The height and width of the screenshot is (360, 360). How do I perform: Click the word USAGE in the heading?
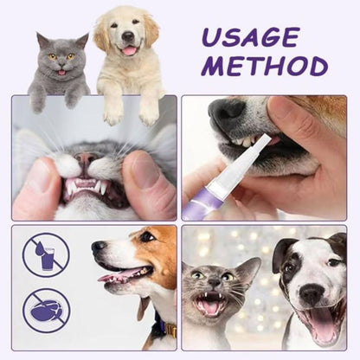tap(251, 37)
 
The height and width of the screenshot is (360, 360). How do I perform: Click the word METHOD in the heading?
tap(266, 66)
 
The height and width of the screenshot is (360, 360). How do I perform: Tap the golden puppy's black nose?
tap(128, 36)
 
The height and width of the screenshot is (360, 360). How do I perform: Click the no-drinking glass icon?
tap(46, 255)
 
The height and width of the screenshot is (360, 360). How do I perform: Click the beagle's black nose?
tap(99, 246)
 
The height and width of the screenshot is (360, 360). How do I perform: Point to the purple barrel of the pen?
tap(196, 202)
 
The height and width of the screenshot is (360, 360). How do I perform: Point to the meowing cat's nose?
tap(214, 284)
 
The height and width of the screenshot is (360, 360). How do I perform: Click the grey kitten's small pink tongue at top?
tap(61, 73)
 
